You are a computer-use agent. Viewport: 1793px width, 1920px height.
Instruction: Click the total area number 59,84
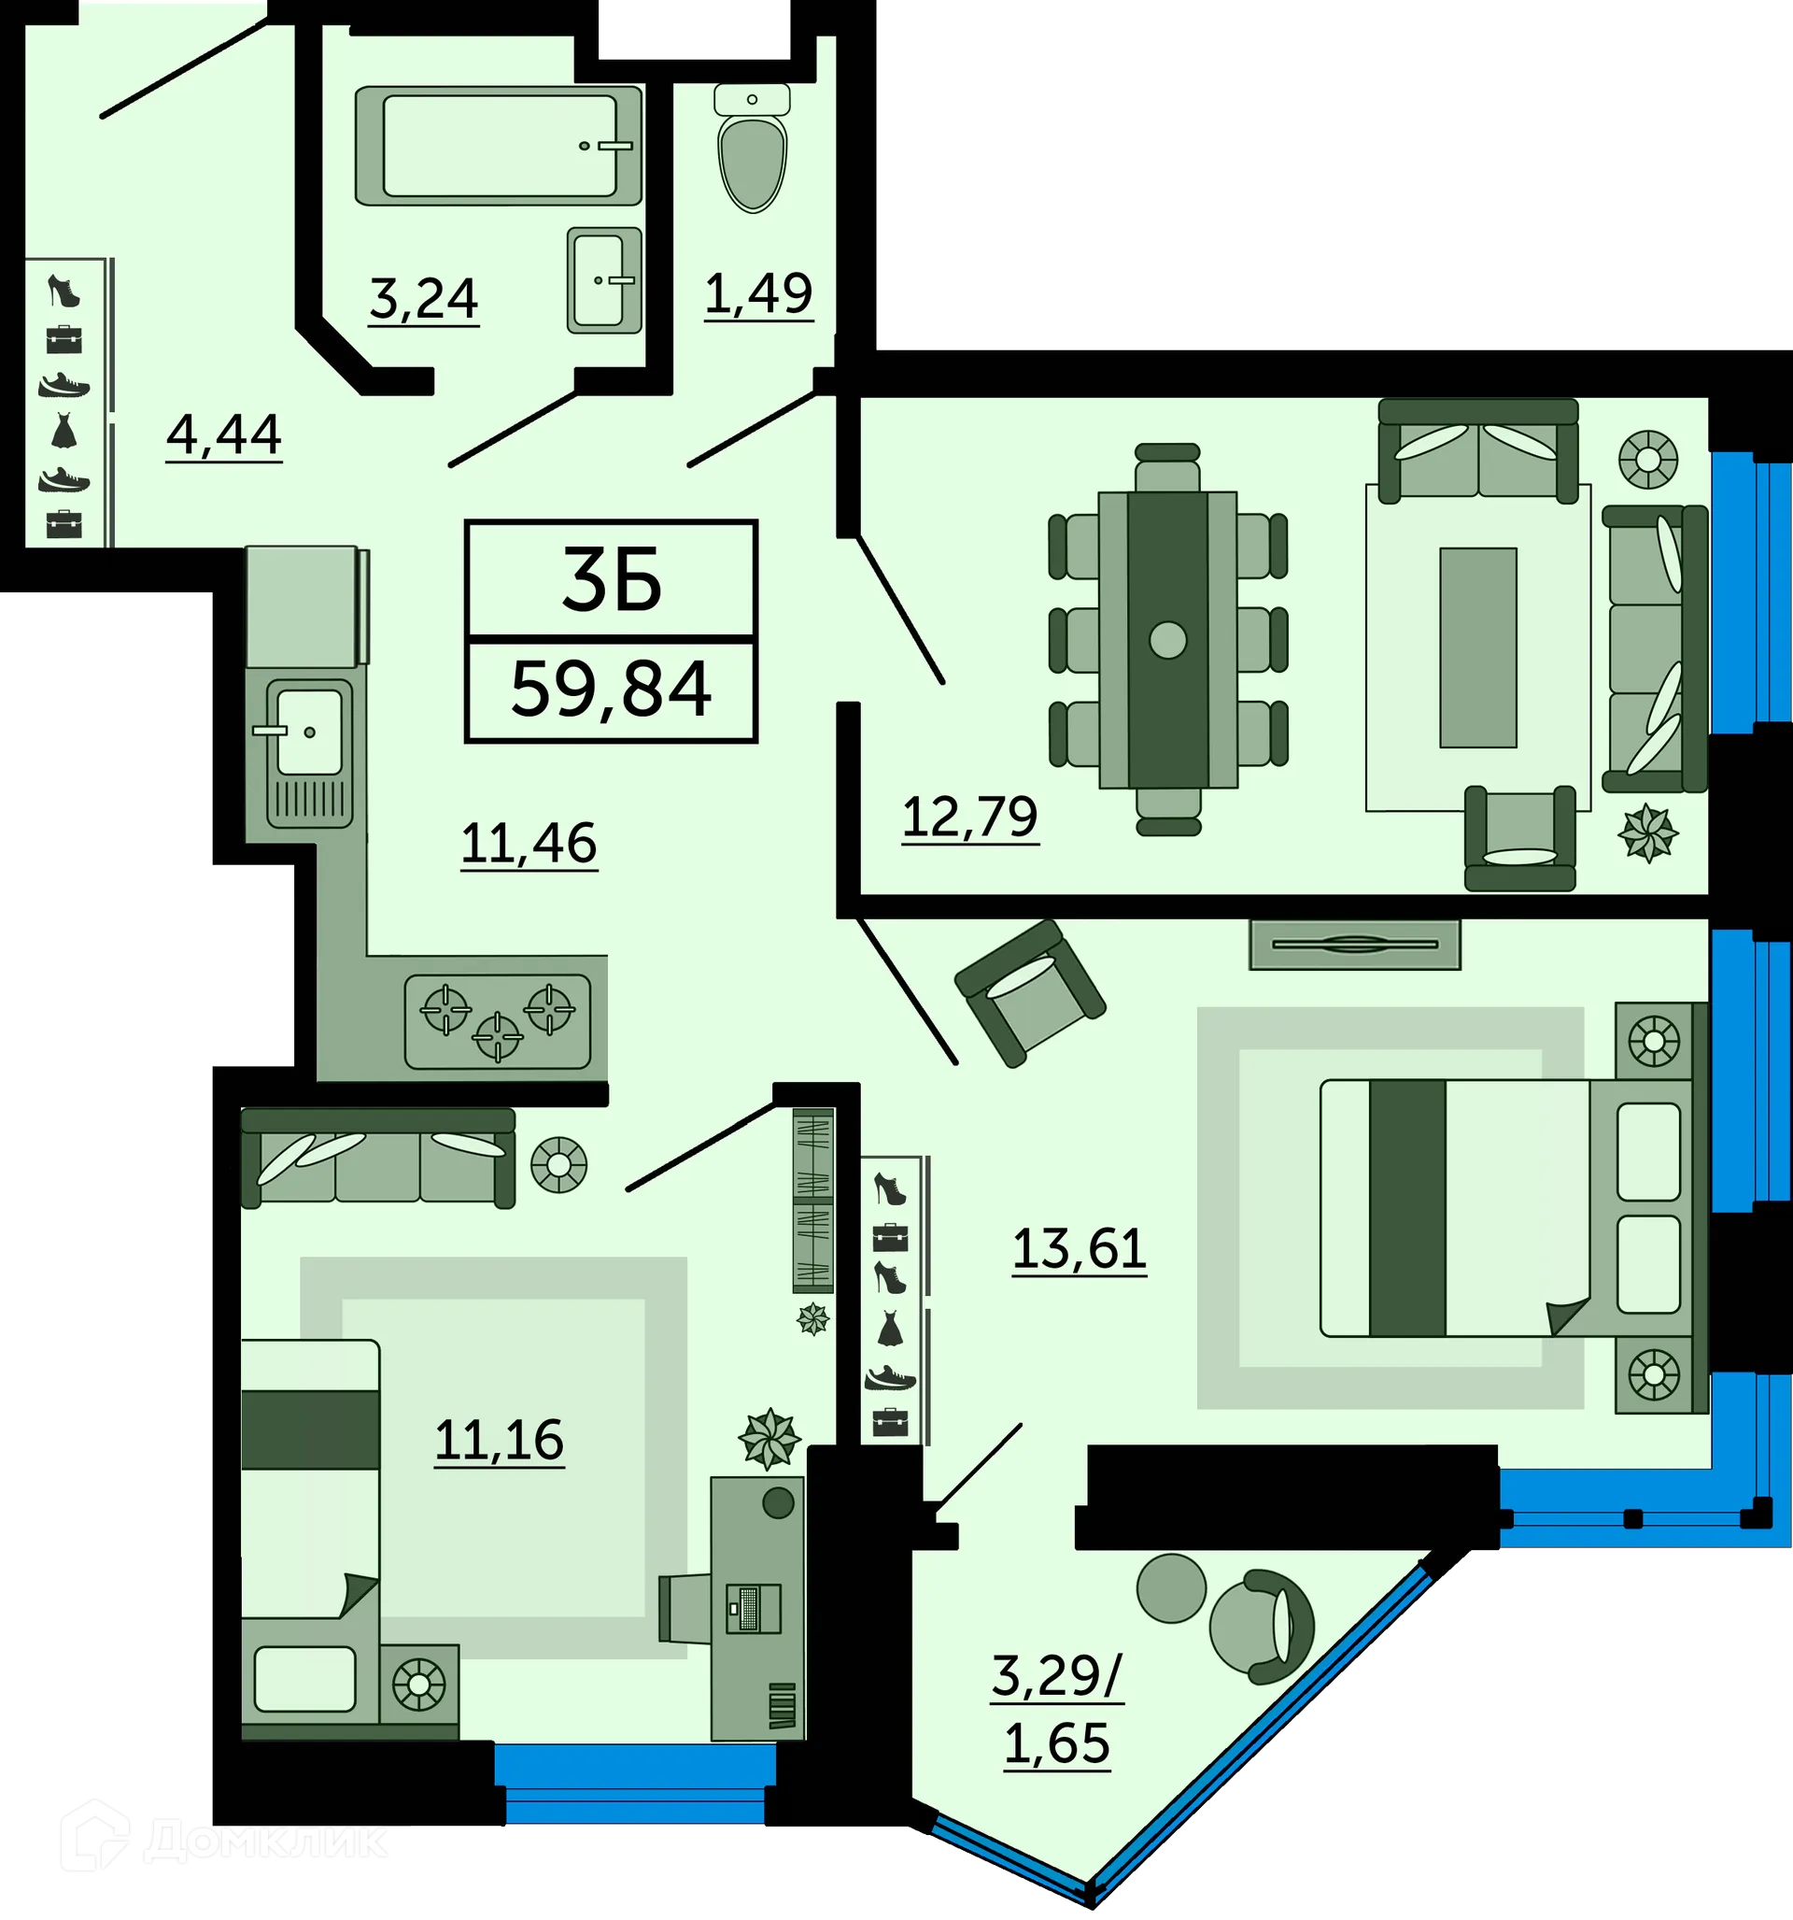pyautogui.click(x=610, y=690)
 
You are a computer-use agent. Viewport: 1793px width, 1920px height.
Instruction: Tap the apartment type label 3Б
pyautogui.click(x=611, y=580)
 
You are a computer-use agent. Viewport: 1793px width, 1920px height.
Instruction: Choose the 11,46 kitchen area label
pyautogui.click(x=529, y=843)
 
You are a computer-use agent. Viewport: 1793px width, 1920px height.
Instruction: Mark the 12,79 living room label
pyautogui.click(x=969, y=818)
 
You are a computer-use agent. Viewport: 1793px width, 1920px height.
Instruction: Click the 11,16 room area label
pyautogui.click(x=500, y=1439)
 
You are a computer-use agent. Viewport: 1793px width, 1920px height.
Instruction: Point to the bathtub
pyautogui.click(x=499, y=146)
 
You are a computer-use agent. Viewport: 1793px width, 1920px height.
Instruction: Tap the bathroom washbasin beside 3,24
pyautogui.click(x=604, y=280)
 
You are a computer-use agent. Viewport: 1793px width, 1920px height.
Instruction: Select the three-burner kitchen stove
pyautogui.click(x=497, y=1022)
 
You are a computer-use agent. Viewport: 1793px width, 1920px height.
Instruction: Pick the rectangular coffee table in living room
pyautogui.click(x=1477, y=647)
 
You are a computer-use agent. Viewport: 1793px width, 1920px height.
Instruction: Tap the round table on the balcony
pyautogui.click(x=1170, y=1587)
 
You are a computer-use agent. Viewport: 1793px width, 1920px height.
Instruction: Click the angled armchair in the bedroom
pyautogui.click(x=1029, y=992)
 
